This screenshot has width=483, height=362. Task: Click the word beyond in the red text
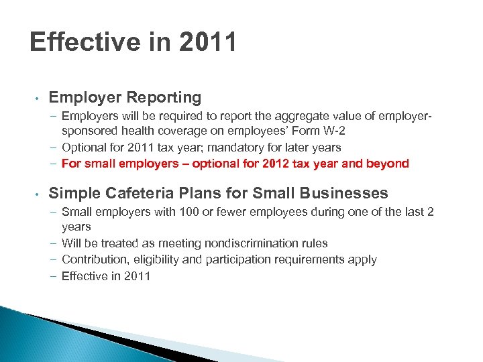tap(387, 164)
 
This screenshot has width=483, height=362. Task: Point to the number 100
tap(185, 213)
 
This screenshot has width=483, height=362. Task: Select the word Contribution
tap(93, 259)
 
